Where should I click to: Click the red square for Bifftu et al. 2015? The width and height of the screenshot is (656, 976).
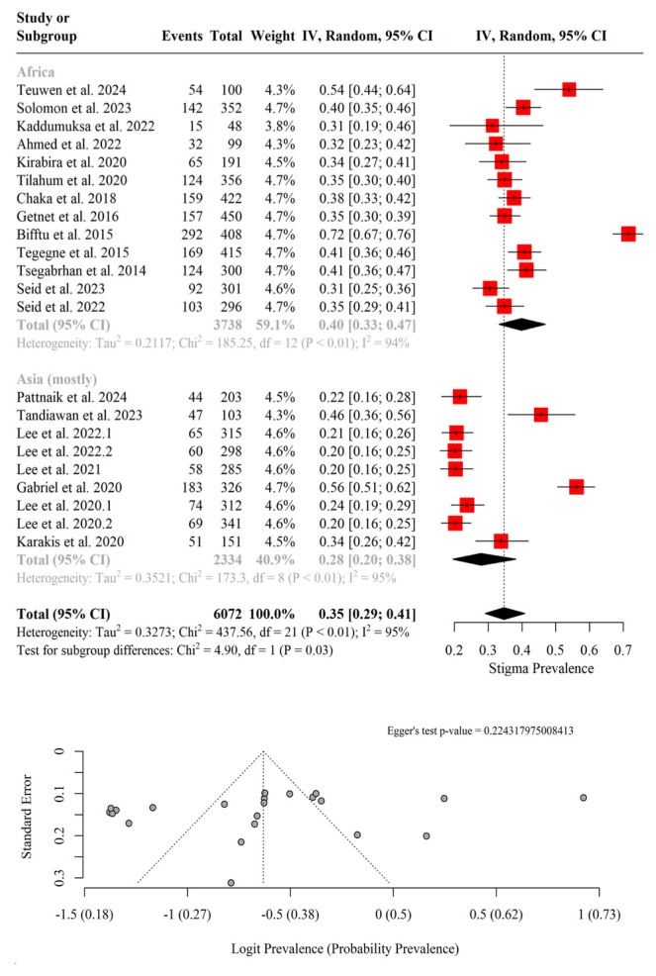point(628,234)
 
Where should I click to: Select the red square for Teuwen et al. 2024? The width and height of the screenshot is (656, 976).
point(569,90)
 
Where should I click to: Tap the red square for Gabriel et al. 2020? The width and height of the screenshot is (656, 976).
point(576,486)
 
